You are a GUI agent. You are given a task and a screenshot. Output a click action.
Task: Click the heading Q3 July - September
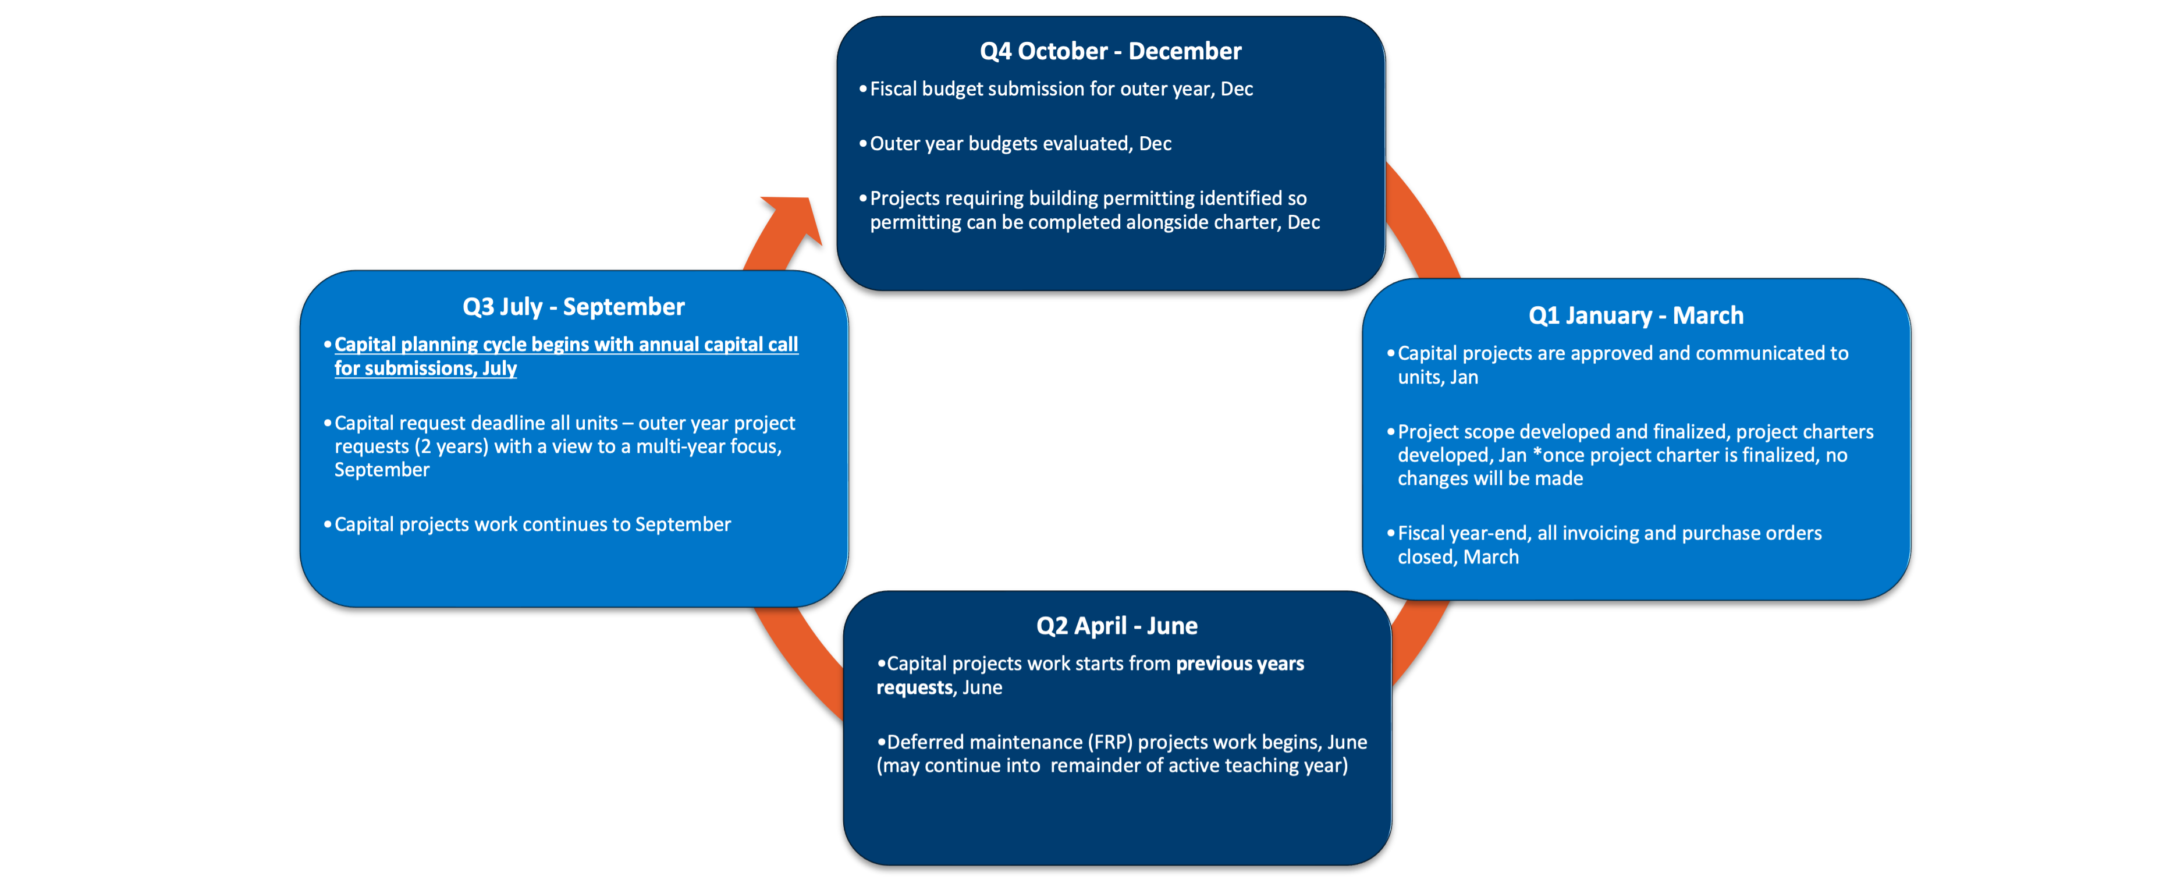tap(573, 307)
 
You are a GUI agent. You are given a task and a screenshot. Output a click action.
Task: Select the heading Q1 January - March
tap(1635, 315)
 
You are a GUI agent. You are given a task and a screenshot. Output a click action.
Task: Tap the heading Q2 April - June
tap(1117, 626)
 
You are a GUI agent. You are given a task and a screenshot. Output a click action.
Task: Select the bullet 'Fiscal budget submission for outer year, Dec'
tap(1061, 89)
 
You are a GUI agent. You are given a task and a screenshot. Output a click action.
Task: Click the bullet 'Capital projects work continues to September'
tap(531, 525)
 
